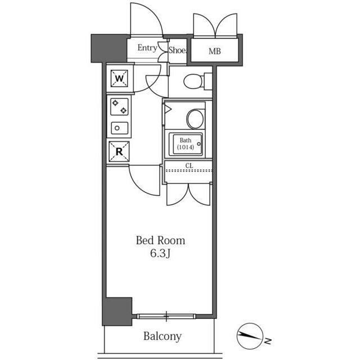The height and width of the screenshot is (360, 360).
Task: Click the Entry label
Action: pyautogui.click(x=147, y=48)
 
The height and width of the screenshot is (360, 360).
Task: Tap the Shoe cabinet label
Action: pyautogui.click(x=178, y=50)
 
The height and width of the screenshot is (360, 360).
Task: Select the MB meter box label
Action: pyautogui.click(x=215, y=51)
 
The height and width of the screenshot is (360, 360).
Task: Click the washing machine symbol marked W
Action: pyautogui.click(x=119, y=79)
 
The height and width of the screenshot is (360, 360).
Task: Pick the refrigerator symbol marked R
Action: pyautogui.click(x=119, y=151)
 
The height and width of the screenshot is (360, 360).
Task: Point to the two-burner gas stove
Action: pyautogui.click(x=119, y=107)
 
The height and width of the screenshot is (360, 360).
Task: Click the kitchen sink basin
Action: pyautogui.click(x=119, y=128)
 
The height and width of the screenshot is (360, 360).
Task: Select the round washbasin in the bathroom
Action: pyautogui.click(x=195, y=119)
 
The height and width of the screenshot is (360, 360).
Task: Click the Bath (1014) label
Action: pyautogui.click(x=186, y=143)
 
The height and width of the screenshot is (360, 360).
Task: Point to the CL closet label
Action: pyautogui.click(x=189, y=165)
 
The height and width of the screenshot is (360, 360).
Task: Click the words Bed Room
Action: pyautogui.click(x=160, y=240)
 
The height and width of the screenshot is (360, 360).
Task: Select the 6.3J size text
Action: pyautogui.click(x=160, y=253)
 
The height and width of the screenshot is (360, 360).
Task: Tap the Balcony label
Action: pyautogui.click(x=163, y=336)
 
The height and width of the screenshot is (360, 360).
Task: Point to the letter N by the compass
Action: pyautogui.click(x=268, y=341)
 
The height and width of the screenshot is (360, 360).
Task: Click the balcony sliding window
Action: pyautogui.click(x=166, y=316)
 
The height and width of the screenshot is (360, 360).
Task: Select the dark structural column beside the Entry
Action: pyautogui.click(x=109, y=48)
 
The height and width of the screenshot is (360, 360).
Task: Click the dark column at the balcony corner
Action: pyautogui.click(x=117, y=311)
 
